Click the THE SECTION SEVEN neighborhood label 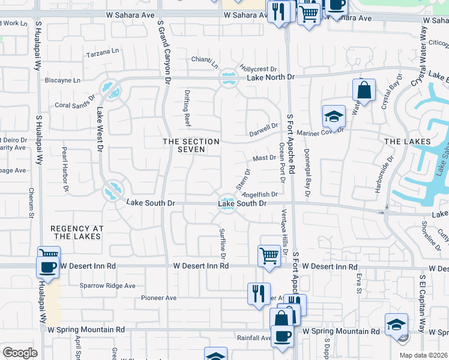click(x=191, y=145)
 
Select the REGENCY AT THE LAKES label click(x=77, y=233)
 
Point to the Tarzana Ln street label click(x=103, y=53)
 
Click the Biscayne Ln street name click(x=62, y=80)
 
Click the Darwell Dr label click(x=264, y=127)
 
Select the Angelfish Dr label click(x=260, y=194)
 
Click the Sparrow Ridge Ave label click(x=108, y=286)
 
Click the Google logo click(x=20, y=352)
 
